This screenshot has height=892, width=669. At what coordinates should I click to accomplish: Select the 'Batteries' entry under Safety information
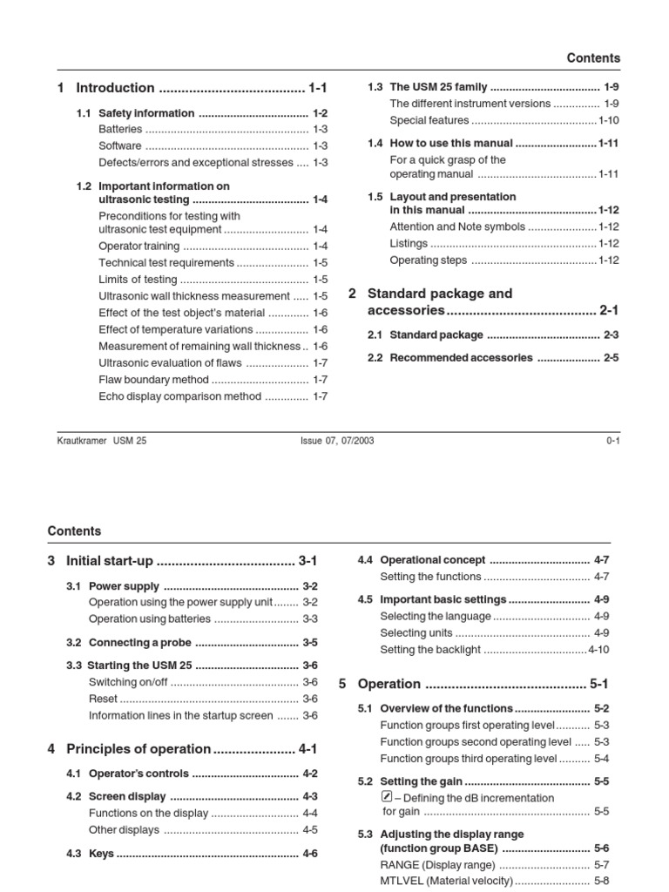(120, 129)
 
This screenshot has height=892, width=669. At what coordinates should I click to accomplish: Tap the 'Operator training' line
(139, 247)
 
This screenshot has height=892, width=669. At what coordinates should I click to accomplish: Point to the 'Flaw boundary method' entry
(153, 380)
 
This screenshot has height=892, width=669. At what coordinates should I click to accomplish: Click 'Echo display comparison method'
(179, 396)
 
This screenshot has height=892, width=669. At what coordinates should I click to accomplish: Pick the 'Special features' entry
(429, 120)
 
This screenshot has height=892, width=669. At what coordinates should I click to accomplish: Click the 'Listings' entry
(409, 244)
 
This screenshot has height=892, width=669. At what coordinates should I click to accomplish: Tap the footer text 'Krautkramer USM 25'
(102, 441)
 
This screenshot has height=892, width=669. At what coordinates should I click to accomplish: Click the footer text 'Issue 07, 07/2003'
(336, 441)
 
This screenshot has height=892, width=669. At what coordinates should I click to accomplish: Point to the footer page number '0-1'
(612, 441)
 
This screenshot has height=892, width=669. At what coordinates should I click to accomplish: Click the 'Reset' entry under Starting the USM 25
(103, 699)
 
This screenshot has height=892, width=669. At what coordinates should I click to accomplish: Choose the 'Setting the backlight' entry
(430, 650)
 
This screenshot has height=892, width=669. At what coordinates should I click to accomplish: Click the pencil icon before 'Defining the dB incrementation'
(388, 797)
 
